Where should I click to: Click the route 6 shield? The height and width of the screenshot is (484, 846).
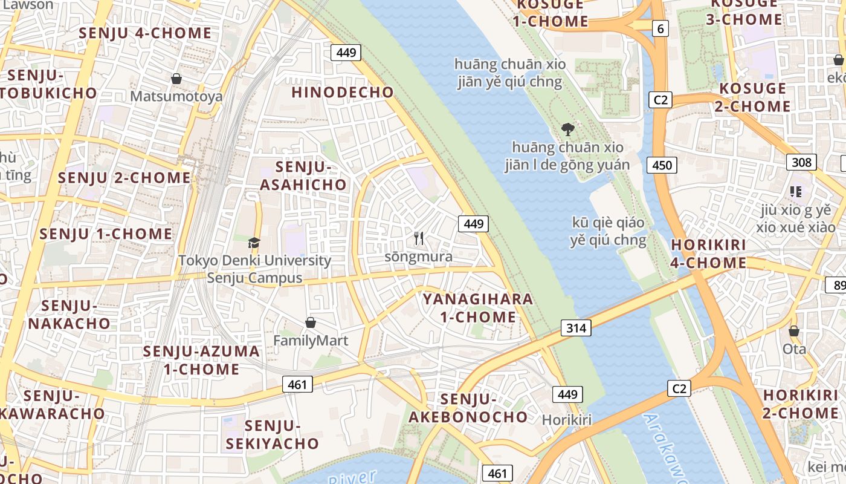[660, 28]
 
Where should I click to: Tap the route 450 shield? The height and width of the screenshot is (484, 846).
[662, 165]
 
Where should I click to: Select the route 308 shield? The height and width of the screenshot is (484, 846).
[801, 162]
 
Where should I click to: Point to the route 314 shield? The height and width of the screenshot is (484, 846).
[576, 329]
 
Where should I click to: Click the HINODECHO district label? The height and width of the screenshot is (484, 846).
[343, 93]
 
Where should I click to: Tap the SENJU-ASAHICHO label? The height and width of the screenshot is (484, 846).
[303, 176]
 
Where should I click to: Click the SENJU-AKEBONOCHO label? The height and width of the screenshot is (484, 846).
[468, 408]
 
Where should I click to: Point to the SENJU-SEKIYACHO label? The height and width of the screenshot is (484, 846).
[273, 434]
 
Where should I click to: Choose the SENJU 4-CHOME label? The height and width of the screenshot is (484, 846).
[145, 33]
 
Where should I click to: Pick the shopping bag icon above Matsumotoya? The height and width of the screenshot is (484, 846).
[176, 79]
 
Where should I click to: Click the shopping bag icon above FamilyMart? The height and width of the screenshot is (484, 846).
[311, 322]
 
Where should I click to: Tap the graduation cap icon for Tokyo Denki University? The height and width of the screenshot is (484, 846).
[254, 243]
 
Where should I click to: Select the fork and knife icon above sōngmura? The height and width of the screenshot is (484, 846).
[418, 238]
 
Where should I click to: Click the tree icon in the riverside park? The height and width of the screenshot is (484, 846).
[567, 129]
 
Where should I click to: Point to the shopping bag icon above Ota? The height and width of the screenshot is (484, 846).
[794, 332]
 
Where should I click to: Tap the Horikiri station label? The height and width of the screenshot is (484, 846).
[566, 420]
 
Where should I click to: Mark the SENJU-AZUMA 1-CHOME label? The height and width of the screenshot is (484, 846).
[201, 360]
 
